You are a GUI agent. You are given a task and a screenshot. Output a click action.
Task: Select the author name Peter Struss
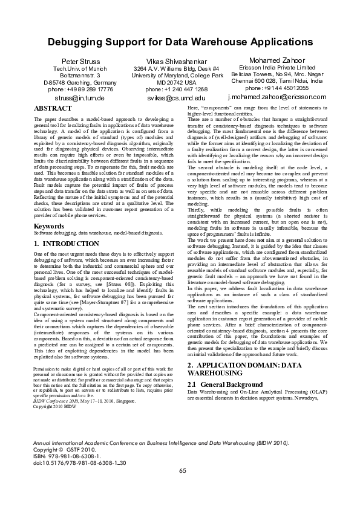(80, 62)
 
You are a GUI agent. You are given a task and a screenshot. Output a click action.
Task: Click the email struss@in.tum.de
(80, 97)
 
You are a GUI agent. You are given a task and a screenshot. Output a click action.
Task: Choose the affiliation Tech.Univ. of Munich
(80, 70)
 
